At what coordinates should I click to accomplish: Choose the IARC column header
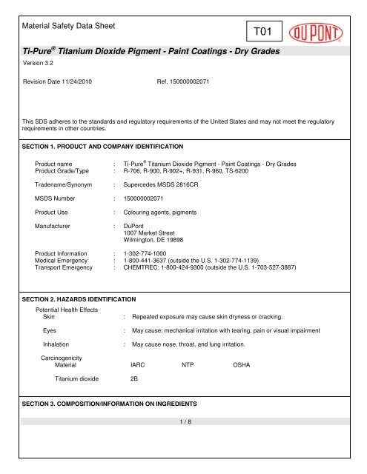[x=138, y=365]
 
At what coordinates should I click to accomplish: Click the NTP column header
[x=188, y=365]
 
